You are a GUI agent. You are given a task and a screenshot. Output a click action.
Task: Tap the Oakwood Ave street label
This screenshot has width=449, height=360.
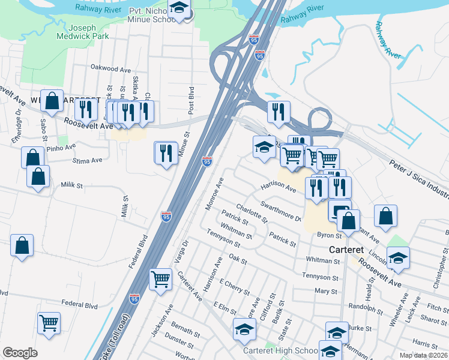(110, 69)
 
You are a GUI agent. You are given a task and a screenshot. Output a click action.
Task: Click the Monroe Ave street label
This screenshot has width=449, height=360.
(214, 193)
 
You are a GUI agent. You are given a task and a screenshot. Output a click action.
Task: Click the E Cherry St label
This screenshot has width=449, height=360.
(235, 286)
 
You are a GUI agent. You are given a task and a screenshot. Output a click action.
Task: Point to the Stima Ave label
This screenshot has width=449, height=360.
(87, 161)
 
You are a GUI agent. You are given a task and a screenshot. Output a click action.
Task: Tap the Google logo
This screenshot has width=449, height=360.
(20, 353)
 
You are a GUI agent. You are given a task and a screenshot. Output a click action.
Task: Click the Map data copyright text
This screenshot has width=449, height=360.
(423, 355)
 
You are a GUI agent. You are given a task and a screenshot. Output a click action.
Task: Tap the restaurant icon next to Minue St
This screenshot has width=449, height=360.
(166, 152)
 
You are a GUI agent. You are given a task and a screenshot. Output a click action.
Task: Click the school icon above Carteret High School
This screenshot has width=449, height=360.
(244, 329)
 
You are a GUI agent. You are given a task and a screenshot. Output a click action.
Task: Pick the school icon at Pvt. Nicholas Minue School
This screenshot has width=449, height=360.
(179, 9)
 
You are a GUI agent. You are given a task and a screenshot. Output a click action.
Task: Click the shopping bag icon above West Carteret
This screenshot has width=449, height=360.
(52, 102)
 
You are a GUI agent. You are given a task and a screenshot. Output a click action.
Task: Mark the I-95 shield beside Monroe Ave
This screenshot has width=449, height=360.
(207, 162)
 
